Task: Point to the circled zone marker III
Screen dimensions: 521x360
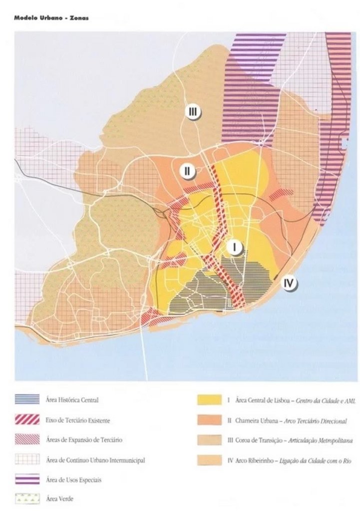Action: (193, 112)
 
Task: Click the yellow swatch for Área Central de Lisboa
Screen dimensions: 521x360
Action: (209, 400)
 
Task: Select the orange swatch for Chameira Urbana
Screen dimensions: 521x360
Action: (209, 421)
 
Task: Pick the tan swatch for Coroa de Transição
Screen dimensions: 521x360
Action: (209, 441)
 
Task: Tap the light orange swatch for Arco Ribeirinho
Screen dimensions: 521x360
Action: (209, 461)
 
